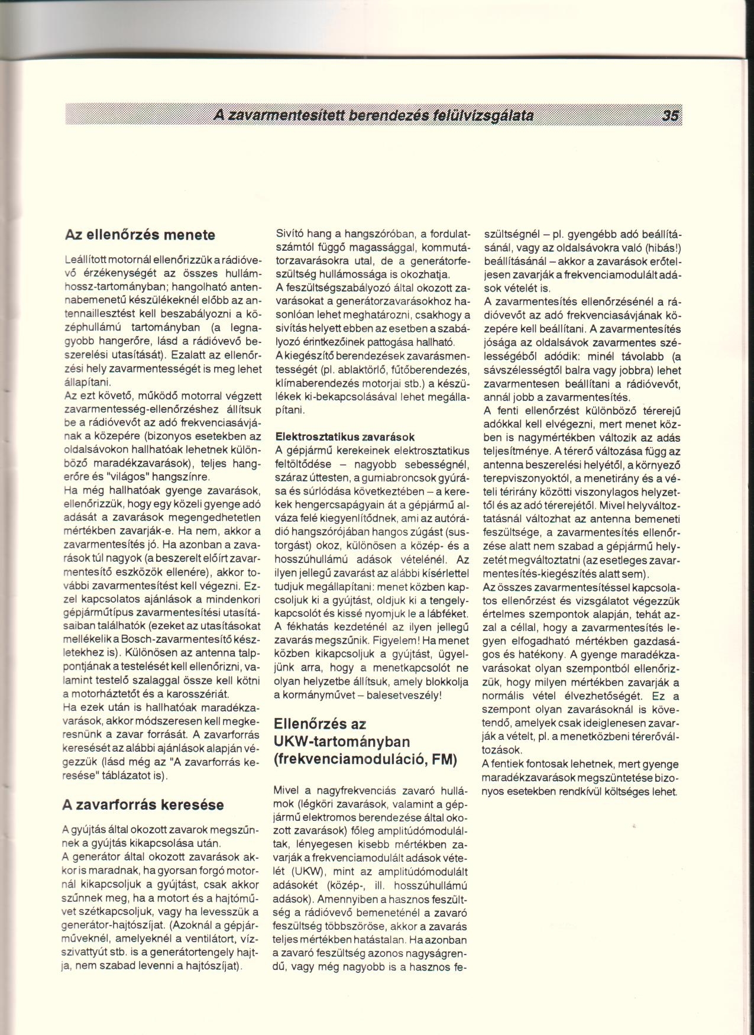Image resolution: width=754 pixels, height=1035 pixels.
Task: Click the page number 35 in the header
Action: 671,115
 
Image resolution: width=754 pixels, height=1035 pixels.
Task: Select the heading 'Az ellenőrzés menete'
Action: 139,235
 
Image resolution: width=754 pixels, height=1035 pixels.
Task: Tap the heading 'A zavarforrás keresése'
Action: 143,804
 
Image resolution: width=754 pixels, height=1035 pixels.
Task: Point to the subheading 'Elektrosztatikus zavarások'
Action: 345,437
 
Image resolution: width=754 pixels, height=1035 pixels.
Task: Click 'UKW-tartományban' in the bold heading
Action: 342,742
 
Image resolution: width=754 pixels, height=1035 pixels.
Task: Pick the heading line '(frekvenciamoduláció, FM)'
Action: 365,759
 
